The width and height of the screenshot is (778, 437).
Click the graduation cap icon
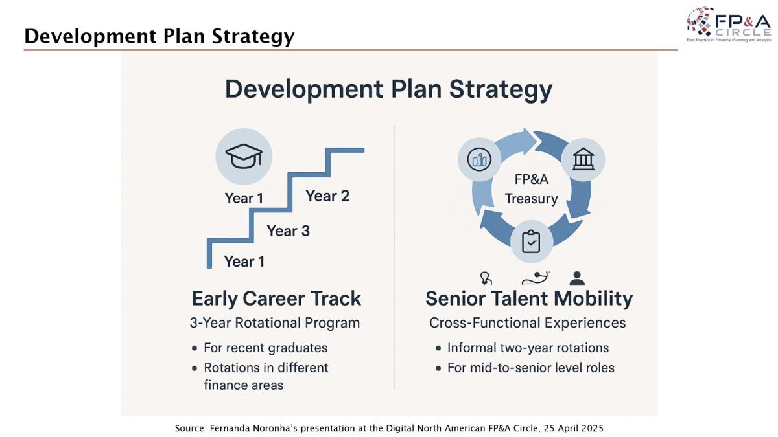coord(244,156)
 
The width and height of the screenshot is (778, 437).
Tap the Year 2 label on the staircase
coord(327,196)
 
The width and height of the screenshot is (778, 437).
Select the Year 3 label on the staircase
coord(288,231)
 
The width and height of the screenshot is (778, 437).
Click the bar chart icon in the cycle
coord(479,159)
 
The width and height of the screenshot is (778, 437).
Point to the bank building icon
coord(583,159)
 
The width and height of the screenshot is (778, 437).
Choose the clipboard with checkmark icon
coord(531,241)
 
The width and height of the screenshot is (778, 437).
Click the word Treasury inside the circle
coord(531,199)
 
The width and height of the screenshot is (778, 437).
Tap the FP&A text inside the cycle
coord(532,179)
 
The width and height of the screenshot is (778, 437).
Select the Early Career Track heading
coord(276,299)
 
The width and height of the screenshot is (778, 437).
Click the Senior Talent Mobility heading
coord(529,299)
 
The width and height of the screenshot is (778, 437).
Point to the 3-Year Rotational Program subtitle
coord(275,323)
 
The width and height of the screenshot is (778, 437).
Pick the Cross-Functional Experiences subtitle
coord(527,323)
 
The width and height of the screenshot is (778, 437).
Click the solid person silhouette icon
coord(577,278)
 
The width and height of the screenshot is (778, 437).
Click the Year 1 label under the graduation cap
coord(244,198)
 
